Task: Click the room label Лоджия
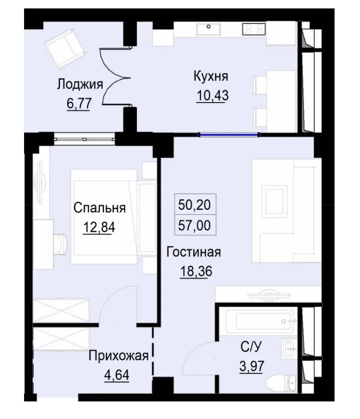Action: [x=79, y=85]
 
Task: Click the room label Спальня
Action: [x=99, y=208]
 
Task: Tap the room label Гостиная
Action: [x=193, y=253]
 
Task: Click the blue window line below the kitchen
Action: [x=228, y=135]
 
